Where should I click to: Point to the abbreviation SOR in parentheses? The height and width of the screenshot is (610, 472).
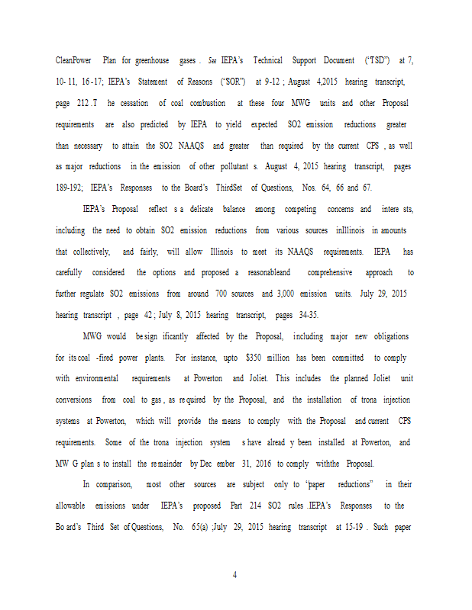click(233, 82)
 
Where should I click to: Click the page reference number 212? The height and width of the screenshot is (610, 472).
click(86, 103)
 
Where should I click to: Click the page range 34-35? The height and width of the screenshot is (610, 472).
click(305, 315)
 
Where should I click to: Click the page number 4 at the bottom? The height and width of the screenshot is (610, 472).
click(235, 575)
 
